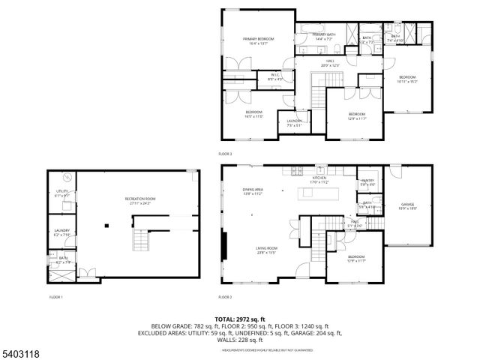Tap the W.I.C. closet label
[275, 76]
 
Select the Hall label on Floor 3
[330, 63]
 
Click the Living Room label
[267, 250]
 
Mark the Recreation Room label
[139, 200]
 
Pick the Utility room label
[62, 193]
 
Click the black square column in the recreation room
[106, 224]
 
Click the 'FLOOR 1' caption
[56, 298]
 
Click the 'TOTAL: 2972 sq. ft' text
[240, 319]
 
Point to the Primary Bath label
[324, 36]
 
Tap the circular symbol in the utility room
[67, 178]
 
